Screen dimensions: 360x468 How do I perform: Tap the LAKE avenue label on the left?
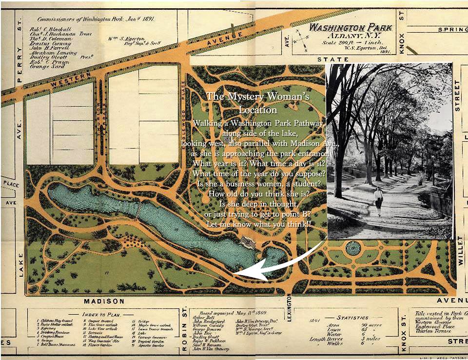click(x=21, y=265)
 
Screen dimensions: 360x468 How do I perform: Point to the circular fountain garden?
click(x=352, y=248)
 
